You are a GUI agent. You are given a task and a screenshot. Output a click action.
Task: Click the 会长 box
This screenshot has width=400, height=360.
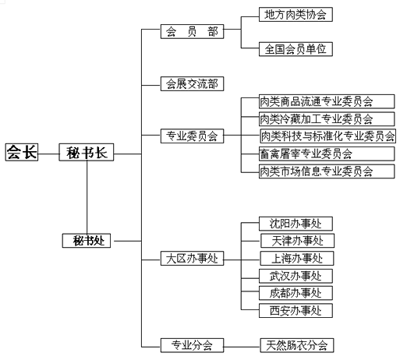tap(22, 152)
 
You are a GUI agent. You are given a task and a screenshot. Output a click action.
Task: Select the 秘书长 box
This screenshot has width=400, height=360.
tap(87, 152)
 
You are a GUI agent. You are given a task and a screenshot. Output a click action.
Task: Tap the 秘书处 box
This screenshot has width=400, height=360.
tap(87, 241)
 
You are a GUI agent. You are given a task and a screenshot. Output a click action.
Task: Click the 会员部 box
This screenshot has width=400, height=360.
tap(192, 31)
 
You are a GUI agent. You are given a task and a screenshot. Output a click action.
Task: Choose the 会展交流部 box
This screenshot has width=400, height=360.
tap(192, 83)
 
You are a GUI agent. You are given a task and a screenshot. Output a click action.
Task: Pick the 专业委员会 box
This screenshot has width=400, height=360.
tap(192, 136)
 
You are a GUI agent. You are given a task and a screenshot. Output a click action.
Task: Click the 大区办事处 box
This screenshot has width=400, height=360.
tap(192, 258)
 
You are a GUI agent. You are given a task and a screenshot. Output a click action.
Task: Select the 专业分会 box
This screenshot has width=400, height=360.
tap(192, 345)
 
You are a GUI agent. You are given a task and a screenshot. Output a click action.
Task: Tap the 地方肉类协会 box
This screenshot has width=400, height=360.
tap(296, 14)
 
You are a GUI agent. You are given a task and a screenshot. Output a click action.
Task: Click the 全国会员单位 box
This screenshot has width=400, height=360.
tap(296, 49)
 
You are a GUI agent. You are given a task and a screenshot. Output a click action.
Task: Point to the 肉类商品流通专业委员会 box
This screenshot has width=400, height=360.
tap(327, 101)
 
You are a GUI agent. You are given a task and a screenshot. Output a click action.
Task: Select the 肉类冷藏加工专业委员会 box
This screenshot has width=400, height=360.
tap(327, 119)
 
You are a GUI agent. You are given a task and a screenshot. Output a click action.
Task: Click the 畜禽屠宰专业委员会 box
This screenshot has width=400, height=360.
tap(327, 154)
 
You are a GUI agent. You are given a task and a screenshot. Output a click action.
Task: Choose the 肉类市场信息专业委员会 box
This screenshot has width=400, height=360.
tap(327, 171)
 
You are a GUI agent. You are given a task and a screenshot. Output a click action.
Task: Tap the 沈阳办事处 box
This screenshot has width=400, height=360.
tap(296, 224)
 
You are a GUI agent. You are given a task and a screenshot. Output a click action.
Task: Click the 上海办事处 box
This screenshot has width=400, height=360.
tap(297, 258)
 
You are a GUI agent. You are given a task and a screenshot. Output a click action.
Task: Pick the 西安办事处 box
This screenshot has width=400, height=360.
tap(296, 310)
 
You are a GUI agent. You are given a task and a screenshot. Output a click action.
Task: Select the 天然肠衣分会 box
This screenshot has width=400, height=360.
tap(297, 345)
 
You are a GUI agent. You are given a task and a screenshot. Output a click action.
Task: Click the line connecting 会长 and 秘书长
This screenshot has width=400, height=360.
tap(48, 154)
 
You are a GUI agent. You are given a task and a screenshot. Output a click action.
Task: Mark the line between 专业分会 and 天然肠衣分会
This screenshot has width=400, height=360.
tap(242, 347)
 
